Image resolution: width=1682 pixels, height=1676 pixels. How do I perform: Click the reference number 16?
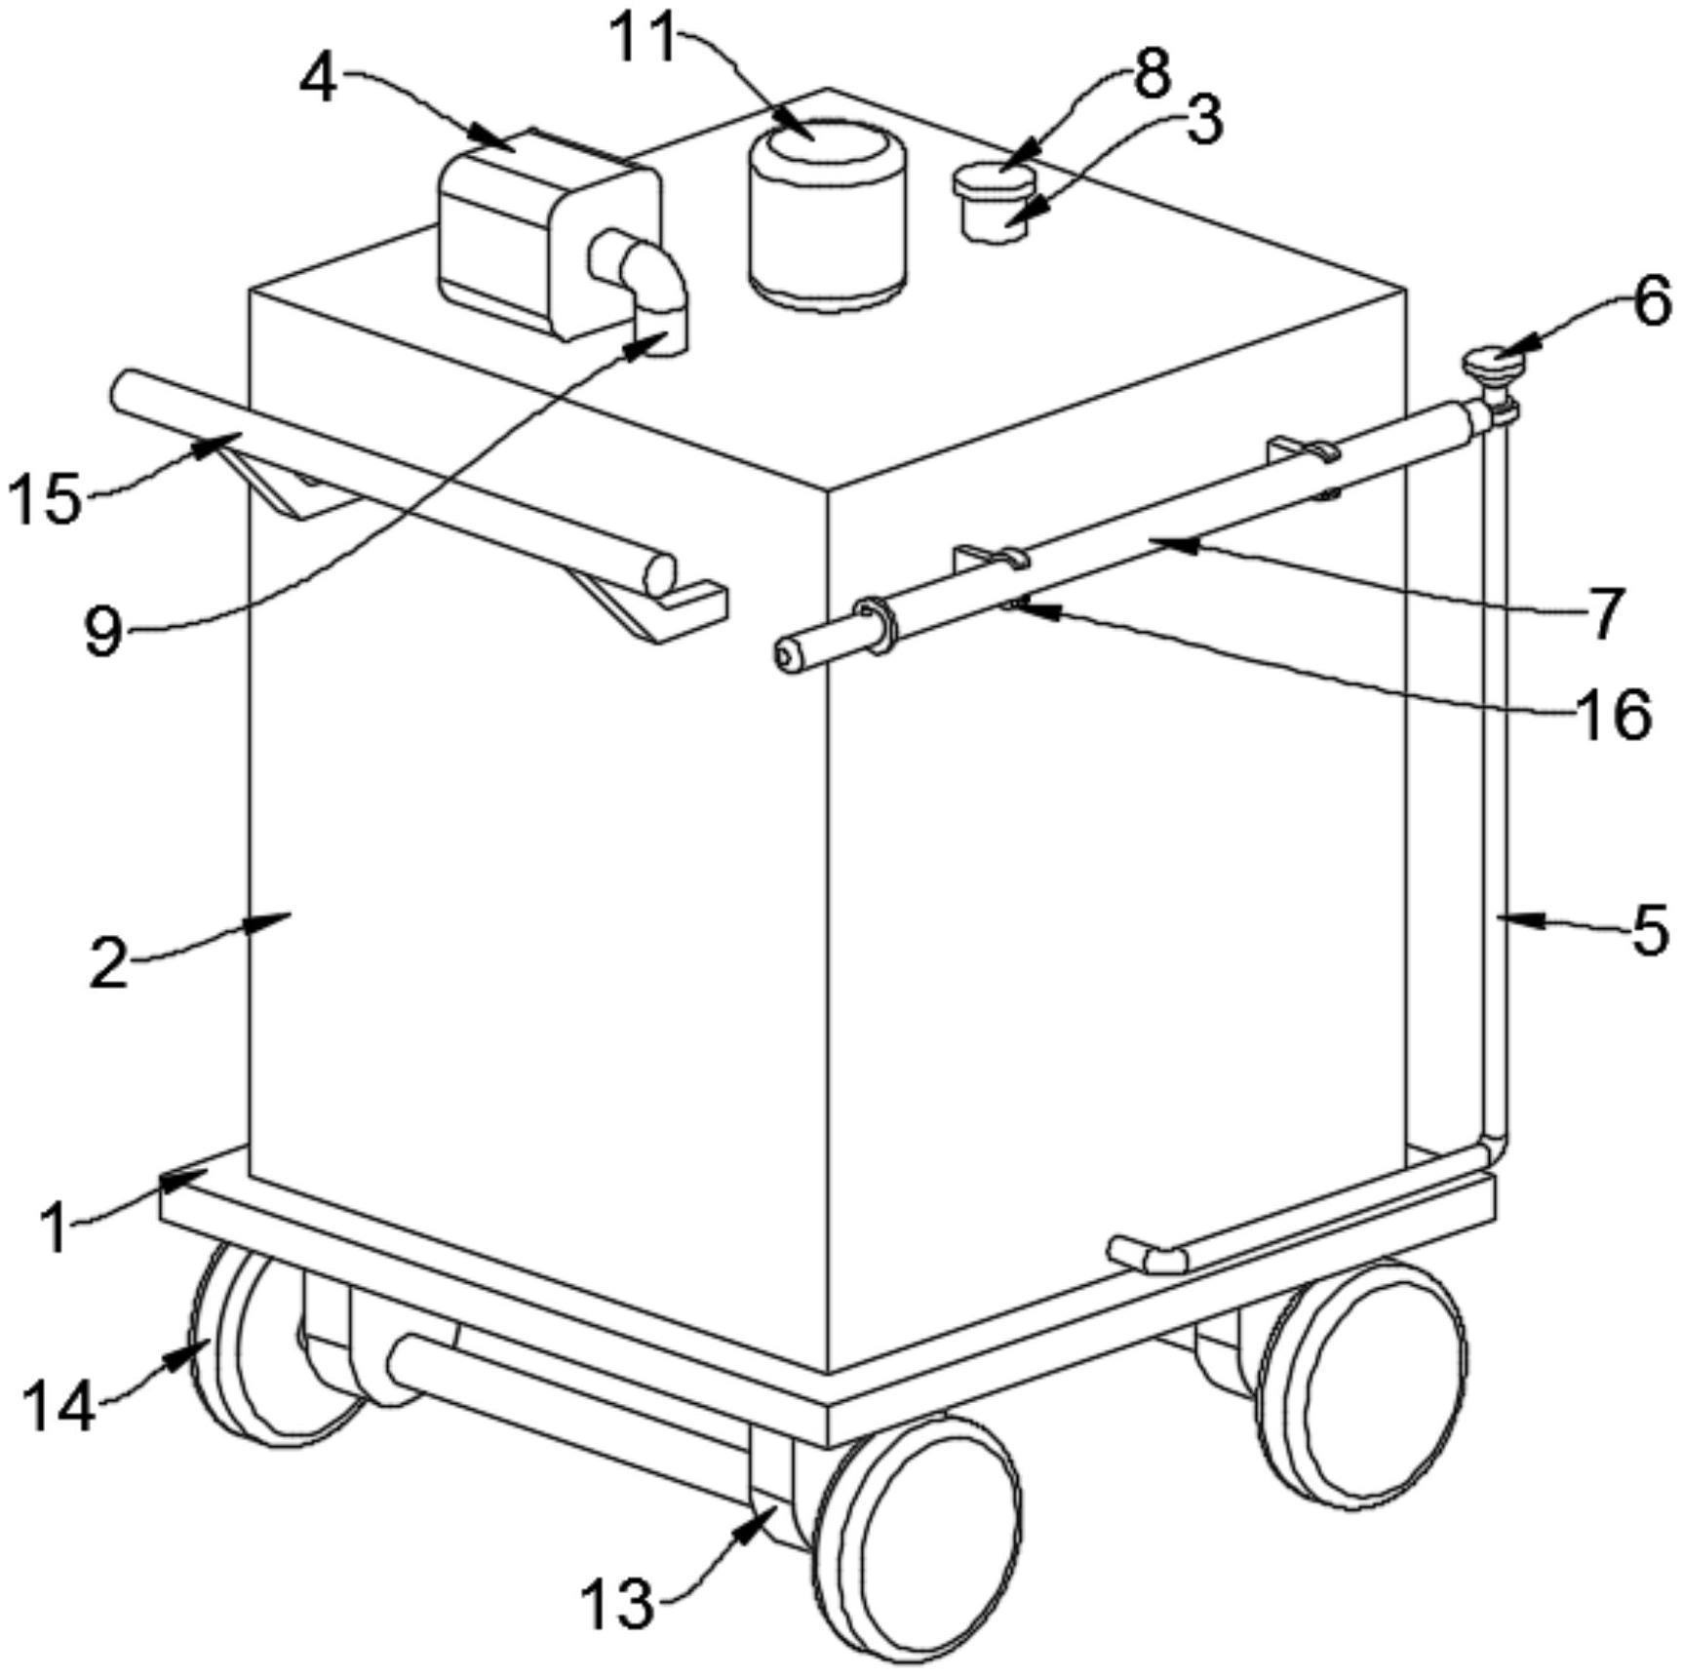click(1614, 716)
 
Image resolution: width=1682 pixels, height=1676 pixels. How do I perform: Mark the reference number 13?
click(617, 1604)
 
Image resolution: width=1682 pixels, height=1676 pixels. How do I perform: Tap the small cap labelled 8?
click(994, 181)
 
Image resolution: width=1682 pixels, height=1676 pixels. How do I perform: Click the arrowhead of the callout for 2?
click(269, 920)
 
